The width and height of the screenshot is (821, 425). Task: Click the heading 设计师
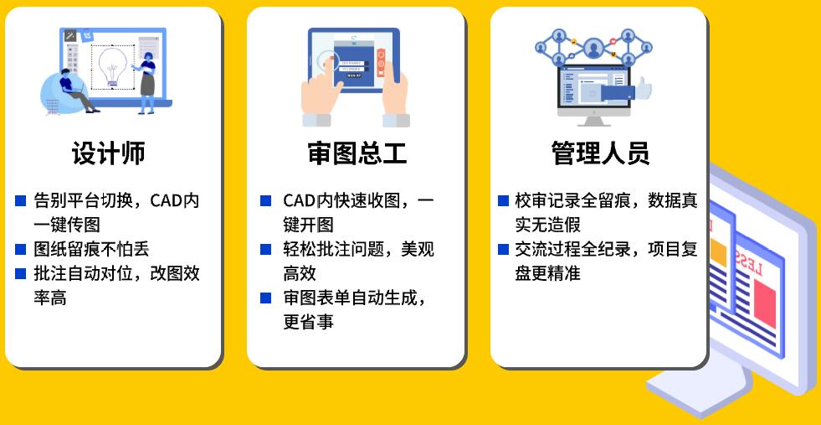click(109, 153)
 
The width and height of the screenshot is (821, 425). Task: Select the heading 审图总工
click(357, 153)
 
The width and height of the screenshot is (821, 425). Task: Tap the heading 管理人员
click(600, 153)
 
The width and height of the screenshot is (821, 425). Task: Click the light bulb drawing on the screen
click(113, 66)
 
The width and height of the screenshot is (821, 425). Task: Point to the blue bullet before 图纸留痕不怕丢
click(20, 249)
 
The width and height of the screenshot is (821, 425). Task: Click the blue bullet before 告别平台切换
click(20, 201)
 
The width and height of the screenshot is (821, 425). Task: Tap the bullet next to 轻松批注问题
click(265, 249)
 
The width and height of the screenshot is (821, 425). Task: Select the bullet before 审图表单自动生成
click(265, 298)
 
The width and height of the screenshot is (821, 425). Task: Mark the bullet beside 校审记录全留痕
click(503, 201)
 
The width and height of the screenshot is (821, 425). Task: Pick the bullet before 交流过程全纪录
click(503, 249)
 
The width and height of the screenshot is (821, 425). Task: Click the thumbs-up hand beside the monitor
click(644, 88)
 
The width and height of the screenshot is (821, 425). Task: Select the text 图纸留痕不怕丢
click(91, 249)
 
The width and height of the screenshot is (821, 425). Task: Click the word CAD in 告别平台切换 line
click(166, 201)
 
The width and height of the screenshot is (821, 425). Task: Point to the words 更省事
click(309, 322)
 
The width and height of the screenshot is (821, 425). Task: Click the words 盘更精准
click(547, 273)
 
